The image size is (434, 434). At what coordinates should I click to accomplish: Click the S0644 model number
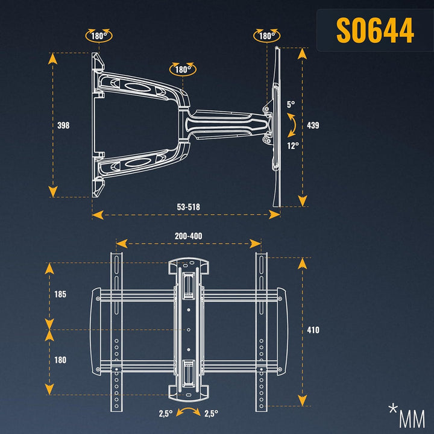(375, 30)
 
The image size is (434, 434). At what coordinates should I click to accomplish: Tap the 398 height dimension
(63, 125)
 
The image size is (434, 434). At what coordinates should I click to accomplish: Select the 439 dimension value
(313, 125)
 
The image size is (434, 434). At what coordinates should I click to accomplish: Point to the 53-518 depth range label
(188, 207)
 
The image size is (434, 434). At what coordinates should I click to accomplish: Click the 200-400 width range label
(188, 236)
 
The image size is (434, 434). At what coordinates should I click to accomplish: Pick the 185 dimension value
(60, 294)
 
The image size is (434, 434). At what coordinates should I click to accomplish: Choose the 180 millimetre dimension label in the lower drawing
(60, 360)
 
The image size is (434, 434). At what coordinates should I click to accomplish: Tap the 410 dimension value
(313, 330)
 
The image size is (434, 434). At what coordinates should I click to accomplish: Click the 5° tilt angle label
(291, 105)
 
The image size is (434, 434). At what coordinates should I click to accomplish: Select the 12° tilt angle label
(293, 146)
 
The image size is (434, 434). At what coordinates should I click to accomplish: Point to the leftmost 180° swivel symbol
(99, 36)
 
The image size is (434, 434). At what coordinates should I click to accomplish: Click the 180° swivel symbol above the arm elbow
(183, 69)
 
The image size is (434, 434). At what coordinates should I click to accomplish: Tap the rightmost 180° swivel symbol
(266, 36)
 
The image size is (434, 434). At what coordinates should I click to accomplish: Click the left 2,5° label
(166, 414)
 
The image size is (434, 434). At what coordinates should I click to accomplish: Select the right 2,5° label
(211, 414)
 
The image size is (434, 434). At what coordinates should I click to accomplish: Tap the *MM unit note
(407, 416)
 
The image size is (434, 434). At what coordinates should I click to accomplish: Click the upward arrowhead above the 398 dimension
(52, 58)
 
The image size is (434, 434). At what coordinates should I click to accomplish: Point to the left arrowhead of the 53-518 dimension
(98, 215)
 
